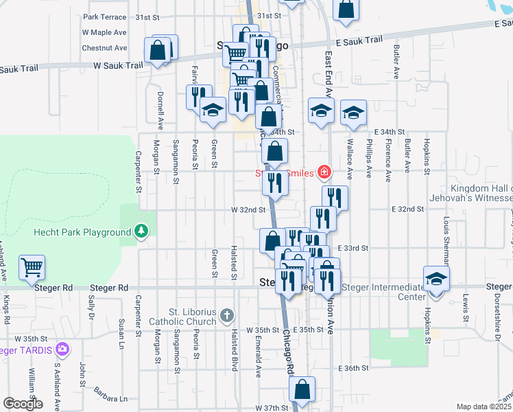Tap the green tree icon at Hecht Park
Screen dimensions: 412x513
pyautogui.click(x=142, y=231)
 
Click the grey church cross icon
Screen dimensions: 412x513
pyautogui.click(x=228, y=316)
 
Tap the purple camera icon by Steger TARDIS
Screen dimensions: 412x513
pyautogui.click(x=63, y=350)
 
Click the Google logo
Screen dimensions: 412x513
pyautogui.click(x=23, y=404)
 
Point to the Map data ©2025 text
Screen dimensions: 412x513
pyautogui.click(x=484, y=407)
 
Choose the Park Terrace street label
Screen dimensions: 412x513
pyautogui.click(x=104, y=16)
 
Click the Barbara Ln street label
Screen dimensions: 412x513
pyautogui.click(x=110, y=398)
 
